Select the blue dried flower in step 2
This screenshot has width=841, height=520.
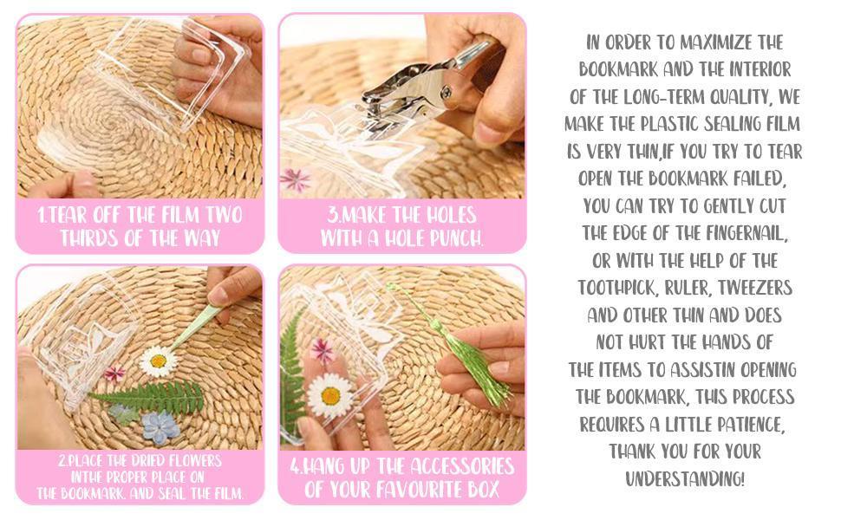(160, 426)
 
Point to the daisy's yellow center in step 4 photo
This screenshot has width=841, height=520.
(330, 396)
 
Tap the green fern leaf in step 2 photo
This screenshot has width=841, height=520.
(147, 398)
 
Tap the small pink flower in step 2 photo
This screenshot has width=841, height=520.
(114, 374)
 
